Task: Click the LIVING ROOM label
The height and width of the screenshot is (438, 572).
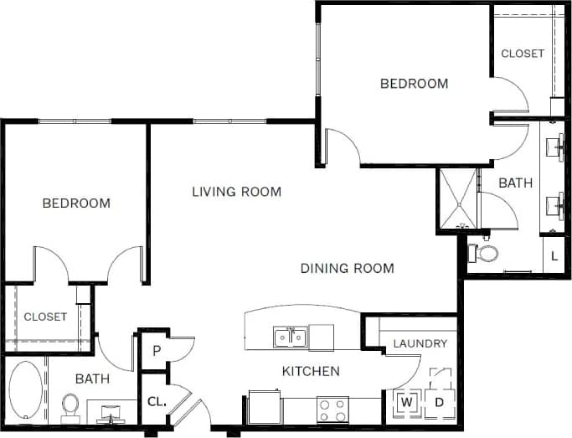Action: click(236, 192)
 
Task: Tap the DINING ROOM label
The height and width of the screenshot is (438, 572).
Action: click(347, 269)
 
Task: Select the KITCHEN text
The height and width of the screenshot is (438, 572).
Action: click(310, 371)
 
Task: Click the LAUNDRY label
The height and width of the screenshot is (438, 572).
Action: click(420, 343)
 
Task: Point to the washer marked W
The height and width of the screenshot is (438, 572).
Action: click(407, 402)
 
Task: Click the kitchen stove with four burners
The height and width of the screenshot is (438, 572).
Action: click(332, 410)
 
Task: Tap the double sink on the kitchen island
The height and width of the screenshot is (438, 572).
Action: click(289, 337)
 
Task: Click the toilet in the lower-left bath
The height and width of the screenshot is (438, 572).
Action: click(71, 407)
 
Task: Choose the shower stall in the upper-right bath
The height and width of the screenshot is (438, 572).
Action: click(457, 199)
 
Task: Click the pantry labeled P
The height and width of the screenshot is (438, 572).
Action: click(156, 350)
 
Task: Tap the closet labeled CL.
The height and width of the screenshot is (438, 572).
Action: click(157, 401)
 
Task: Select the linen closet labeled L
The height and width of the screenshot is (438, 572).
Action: click(554, 255)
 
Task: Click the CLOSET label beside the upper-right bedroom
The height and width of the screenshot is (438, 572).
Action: click(522, 53)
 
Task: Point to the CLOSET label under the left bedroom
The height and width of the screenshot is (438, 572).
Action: click(44, 317)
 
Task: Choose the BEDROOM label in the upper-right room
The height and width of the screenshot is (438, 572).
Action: click(414, 84)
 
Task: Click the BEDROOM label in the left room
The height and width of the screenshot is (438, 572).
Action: click(76, 204)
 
